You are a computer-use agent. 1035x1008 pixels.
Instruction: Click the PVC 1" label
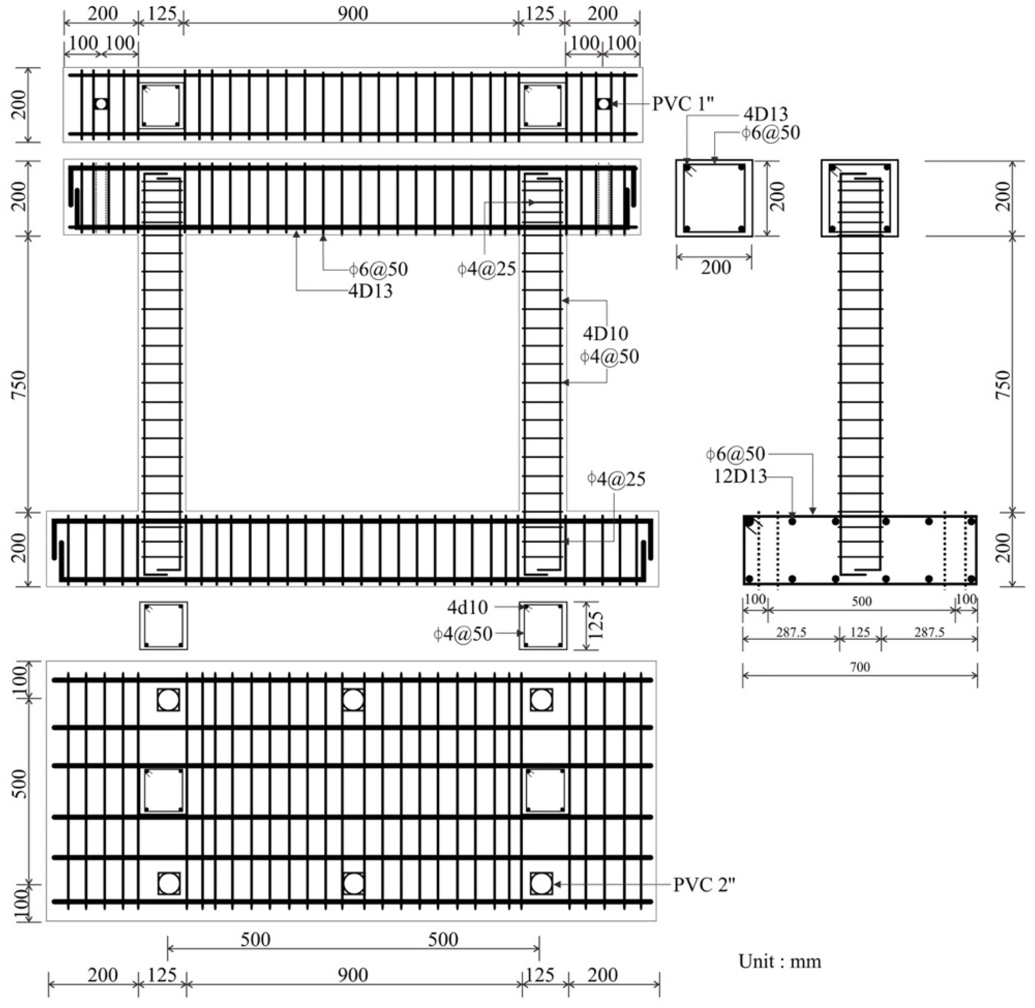[682, 104]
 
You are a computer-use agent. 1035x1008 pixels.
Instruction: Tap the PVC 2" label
[704, 884]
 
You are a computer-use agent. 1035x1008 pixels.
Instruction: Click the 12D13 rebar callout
[740, 477]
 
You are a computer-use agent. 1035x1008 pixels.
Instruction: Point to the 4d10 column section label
[467, 607]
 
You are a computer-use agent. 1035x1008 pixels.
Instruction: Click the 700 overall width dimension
[860, 667]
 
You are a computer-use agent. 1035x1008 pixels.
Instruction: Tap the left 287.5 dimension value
[791, 632]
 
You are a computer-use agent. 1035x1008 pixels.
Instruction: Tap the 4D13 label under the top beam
[371, 291]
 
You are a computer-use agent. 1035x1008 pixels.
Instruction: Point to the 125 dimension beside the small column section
[596, 625]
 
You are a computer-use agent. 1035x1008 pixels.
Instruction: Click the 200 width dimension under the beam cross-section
[716, 267]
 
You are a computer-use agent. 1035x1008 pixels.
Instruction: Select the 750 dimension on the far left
[19, 385]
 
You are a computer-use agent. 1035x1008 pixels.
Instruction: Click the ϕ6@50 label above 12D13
[735, 454]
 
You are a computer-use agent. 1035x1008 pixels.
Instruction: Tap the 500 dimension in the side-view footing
[861, 601]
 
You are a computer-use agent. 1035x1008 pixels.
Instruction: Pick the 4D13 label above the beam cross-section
[766, 114]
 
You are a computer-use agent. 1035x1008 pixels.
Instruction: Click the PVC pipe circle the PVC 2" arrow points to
[541, 883]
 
